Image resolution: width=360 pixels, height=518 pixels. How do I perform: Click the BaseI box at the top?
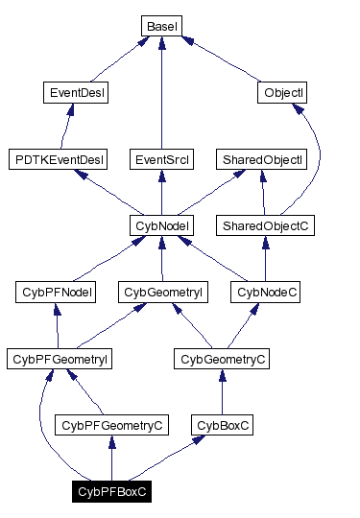coord(161,26)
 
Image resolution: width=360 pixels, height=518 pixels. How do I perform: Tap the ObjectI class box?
coord(284,93)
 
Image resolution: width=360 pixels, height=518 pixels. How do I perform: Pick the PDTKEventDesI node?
coord(58,159)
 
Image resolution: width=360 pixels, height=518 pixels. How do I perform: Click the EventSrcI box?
coord(161,159)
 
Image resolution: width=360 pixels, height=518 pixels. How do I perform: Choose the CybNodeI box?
coord(161,225)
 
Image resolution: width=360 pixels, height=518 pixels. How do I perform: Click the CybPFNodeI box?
coord(56,292)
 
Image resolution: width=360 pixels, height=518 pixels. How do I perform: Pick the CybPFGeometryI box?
coord(60,359)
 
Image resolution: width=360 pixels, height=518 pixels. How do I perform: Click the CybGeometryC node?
coord(222,359)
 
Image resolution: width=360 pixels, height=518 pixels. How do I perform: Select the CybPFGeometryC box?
coord(112,424)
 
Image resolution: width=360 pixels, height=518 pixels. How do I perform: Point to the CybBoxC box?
coord(222,424)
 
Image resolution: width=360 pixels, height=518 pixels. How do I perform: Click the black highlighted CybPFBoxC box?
coord(112,492)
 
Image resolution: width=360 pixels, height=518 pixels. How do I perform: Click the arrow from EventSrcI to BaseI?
coord(161,96)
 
